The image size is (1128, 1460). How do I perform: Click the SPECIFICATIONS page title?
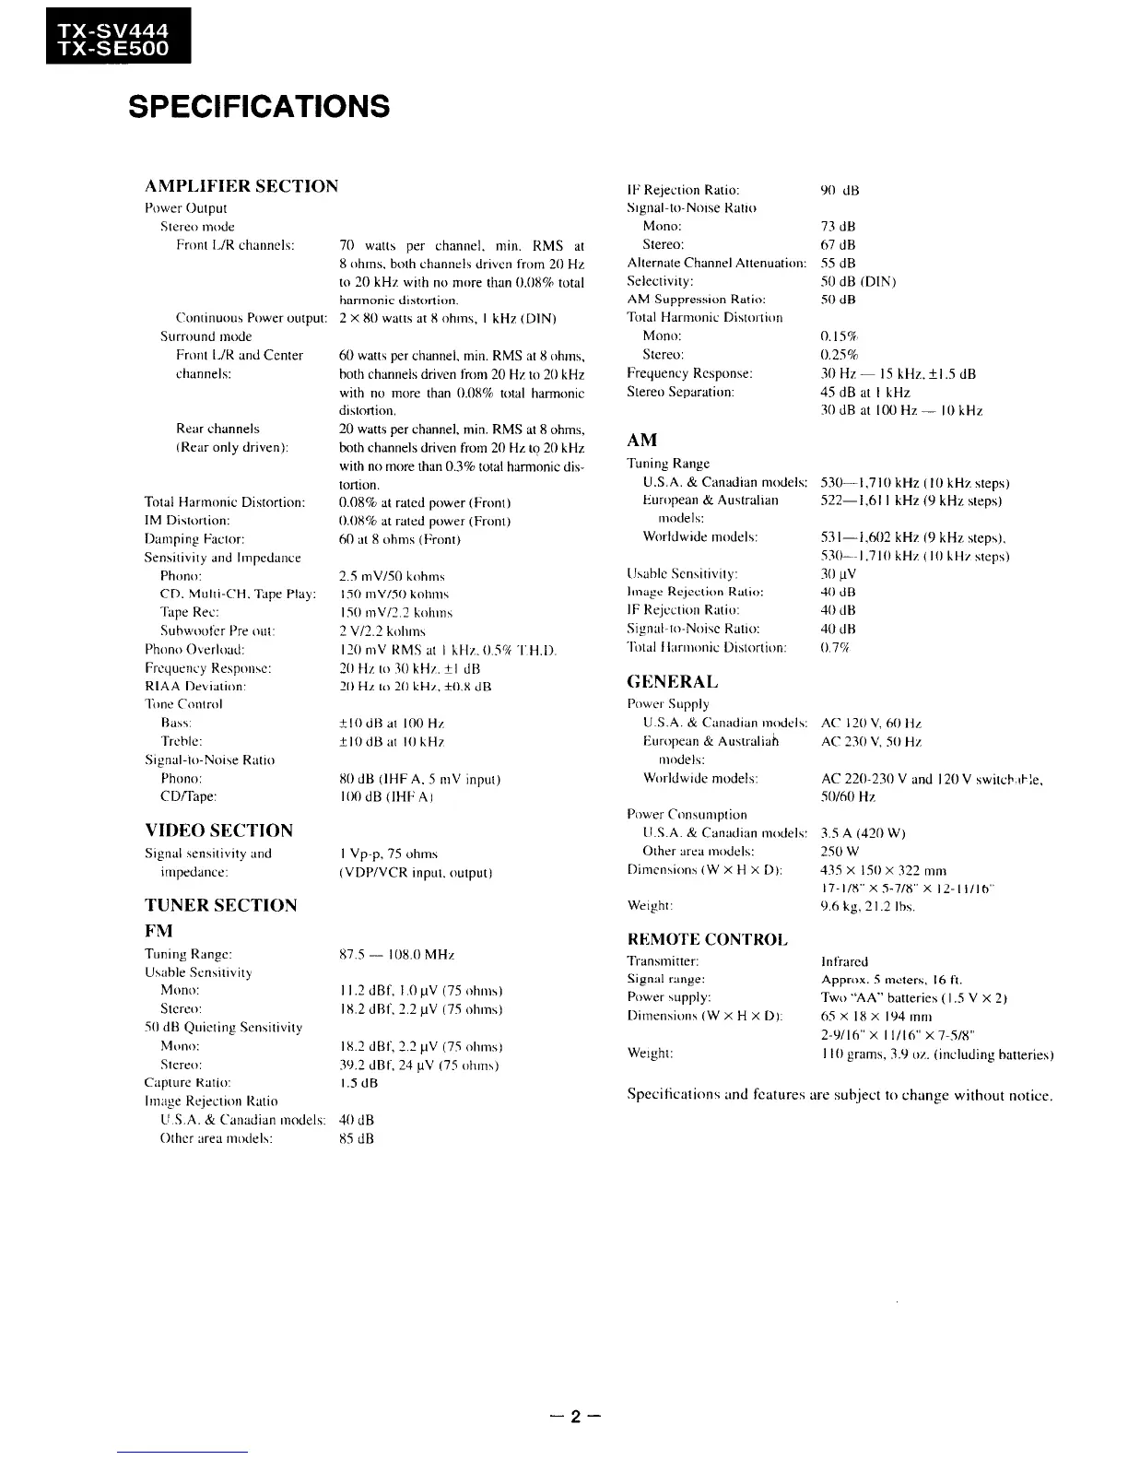[x=259, y=107]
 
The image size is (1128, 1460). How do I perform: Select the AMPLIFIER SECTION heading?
[x=241, y=186]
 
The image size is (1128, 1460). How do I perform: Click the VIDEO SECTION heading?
[x=218, y=830]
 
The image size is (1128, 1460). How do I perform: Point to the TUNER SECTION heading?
[x=220, y=905]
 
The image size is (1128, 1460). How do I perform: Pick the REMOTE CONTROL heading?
[x=707, y=939]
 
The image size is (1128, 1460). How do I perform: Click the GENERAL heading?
[x=672, y=682]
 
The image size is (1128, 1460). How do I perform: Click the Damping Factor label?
[x=194, y=539]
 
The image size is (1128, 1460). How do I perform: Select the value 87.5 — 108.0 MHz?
[x=397, y=955]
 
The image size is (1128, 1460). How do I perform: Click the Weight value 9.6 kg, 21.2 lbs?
[x=868, y=907]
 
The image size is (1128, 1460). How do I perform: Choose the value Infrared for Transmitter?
[x=844, y=961]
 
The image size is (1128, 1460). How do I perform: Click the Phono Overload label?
[x=194, y=650]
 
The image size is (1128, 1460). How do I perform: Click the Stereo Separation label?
[x=680, y=392]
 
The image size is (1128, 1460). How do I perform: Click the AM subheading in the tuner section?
[x=641, y=441]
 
